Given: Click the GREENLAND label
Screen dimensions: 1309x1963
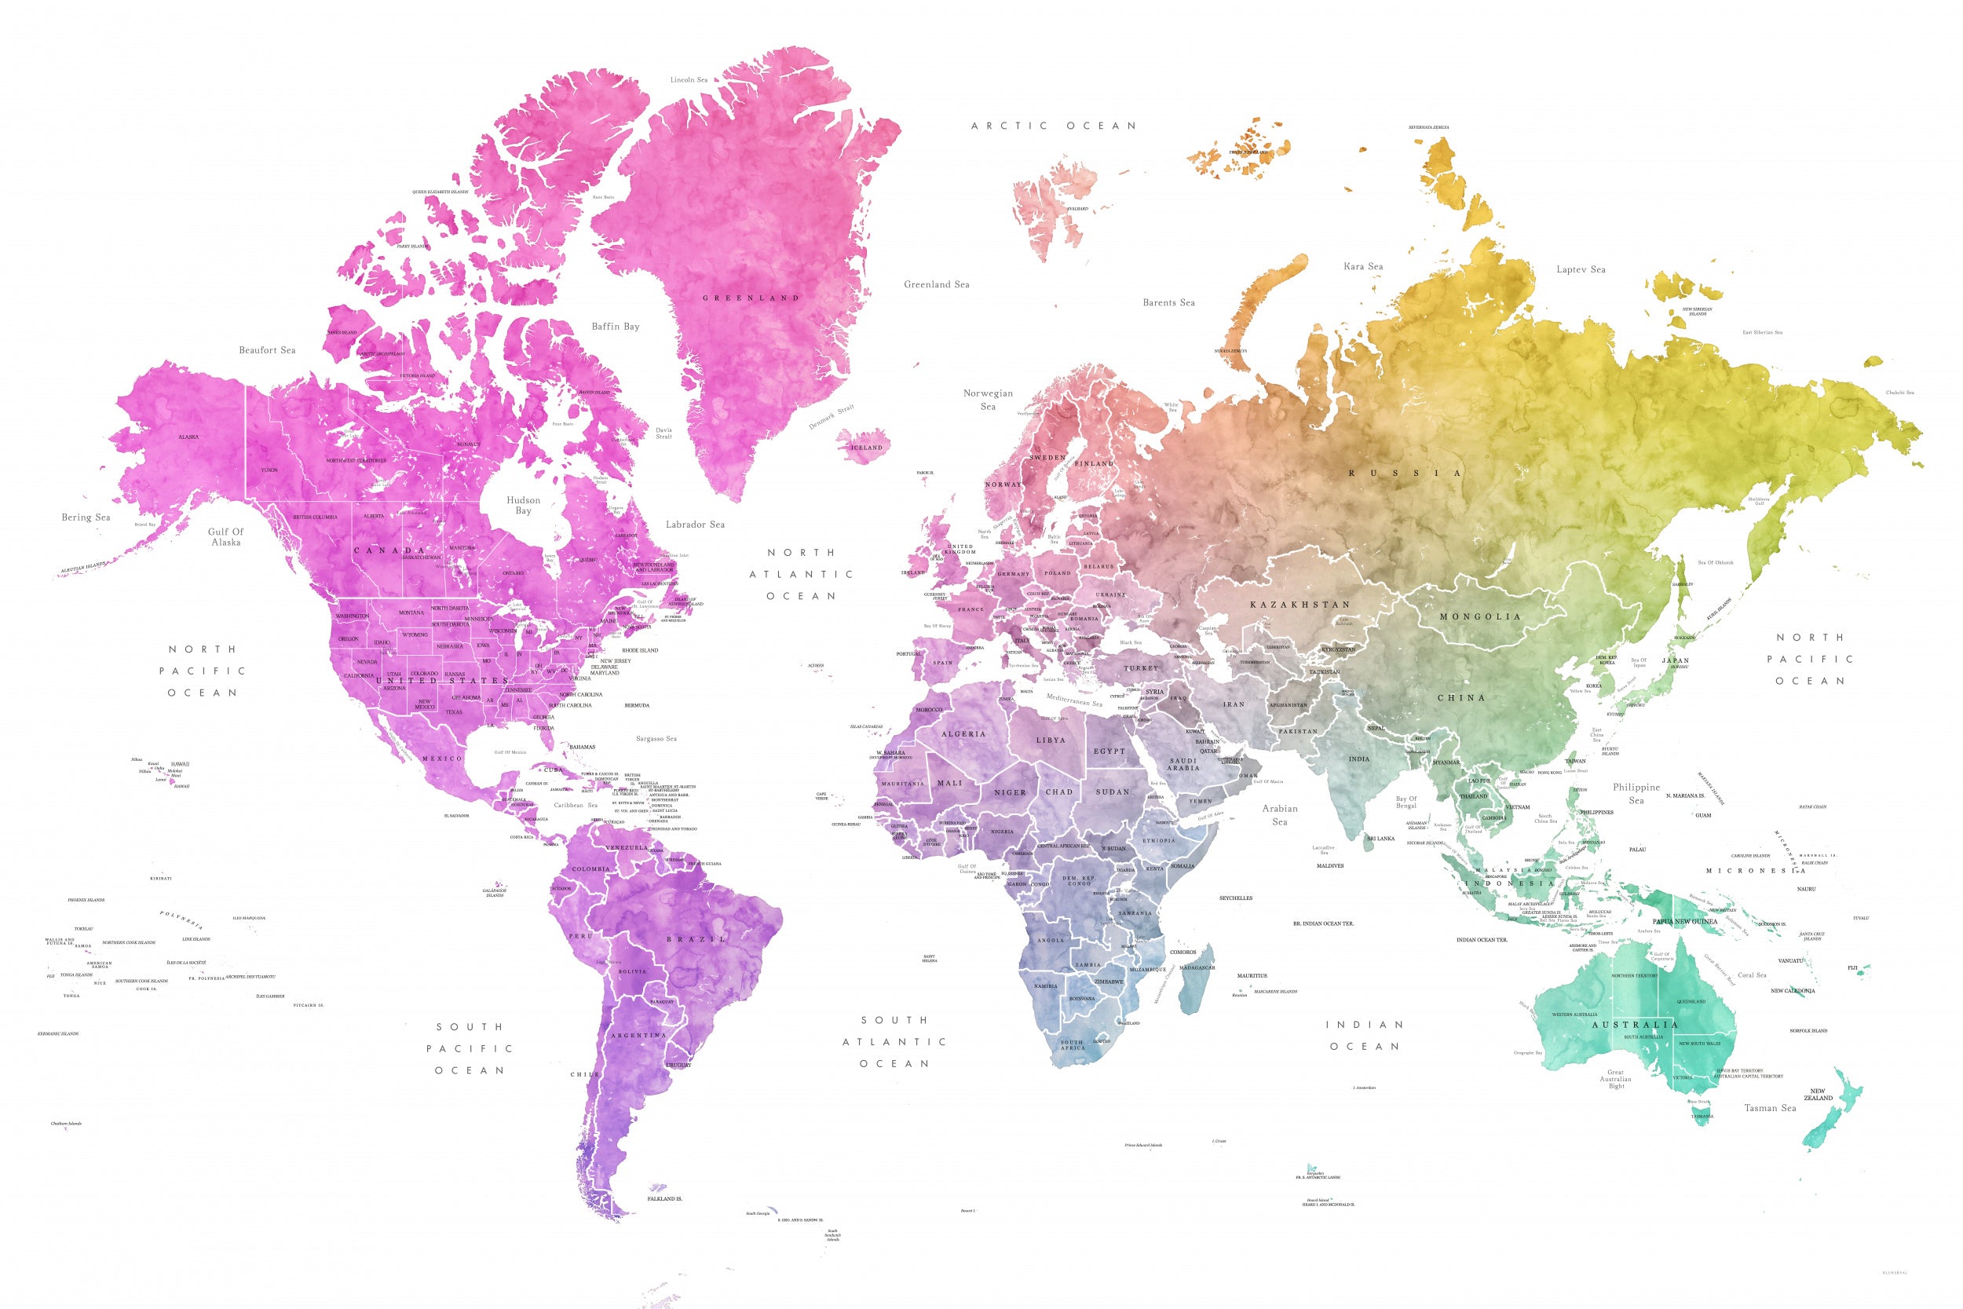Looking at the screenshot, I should click(751, 298).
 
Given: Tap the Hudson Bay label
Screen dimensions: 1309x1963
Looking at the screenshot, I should click(523, 505).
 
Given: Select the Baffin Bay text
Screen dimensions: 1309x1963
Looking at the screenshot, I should click(615, 327).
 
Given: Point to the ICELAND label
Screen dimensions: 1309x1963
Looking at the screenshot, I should click(866, 448).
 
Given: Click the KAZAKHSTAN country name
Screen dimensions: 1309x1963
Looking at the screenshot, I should click(1300, 605).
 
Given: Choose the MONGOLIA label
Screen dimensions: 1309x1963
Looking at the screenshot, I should click(1481, 617).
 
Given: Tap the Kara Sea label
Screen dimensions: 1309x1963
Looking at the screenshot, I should click(1363, 266).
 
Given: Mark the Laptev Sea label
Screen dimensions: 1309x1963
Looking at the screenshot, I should click(1581, 269).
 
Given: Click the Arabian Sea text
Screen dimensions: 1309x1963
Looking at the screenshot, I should click(1279, 815).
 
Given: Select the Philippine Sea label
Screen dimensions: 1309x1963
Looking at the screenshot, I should click(1636, 793).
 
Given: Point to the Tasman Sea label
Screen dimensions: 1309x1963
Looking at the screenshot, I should click(1769, 1108).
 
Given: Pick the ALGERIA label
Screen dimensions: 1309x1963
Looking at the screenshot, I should click(963, 733).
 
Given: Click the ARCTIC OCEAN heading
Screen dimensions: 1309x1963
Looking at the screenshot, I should click(1053, 126).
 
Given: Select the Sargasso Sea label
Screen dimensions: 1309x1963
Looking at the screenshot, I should click(656, 739).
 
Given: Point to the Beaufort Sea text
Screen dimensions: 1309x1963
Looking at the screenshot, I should click(267, 349).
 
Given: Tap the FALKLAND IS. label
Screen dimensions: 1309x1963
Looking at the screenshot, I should click(664, 1199).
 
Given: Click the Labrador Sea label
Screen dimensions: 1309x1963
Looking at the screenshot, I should click(694, 525).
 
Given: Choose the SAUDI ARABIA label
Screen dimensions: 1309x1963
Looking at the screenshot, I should click(1183, 764).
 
